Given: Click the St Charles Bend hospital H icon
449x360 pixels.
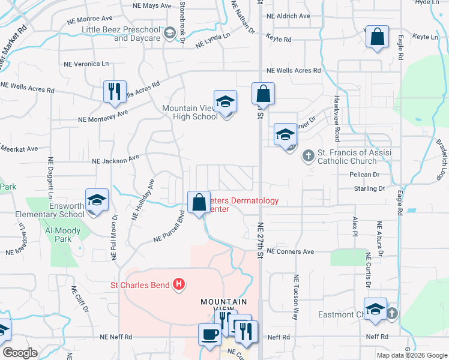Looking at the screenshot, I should point(178,284).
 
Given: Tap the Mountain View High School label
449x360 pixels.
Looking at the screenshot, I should point(190,113).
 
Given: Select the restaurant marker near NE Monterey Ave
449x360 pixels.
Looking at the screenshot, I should point(115,92).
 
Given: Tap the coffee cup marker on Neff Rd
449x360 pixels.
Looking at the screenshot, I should point(210,335).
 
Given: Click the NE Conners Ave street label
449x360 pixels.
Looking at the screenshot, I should point(291,251).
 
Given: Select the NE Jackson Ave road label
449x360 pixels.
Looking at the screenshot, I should point(115,160).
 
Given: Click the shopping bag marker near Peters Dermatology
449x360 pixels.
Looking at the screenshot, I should point(199,202).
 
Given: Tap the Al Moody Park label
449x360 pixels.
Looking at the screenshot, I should point(67,235).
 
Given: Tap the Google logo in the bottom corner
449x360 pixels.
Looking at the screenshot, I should point(20,353).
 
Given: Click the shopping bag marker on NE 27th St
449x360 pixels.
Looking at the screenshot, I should point(263,94).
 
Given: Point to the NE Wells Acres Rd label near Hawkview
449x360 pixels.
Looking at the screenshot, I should point(294,70).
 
